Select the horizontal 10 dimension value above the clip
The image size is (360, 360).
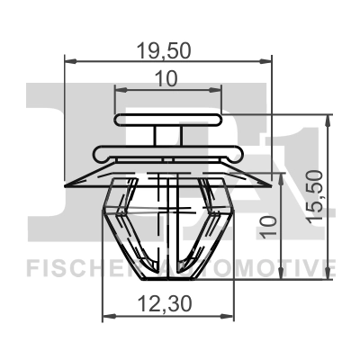point(166,79)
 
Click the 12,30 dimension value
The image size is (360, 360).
point(168,306)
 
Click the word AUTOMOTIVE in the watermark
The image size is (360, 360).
point(261,268)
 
